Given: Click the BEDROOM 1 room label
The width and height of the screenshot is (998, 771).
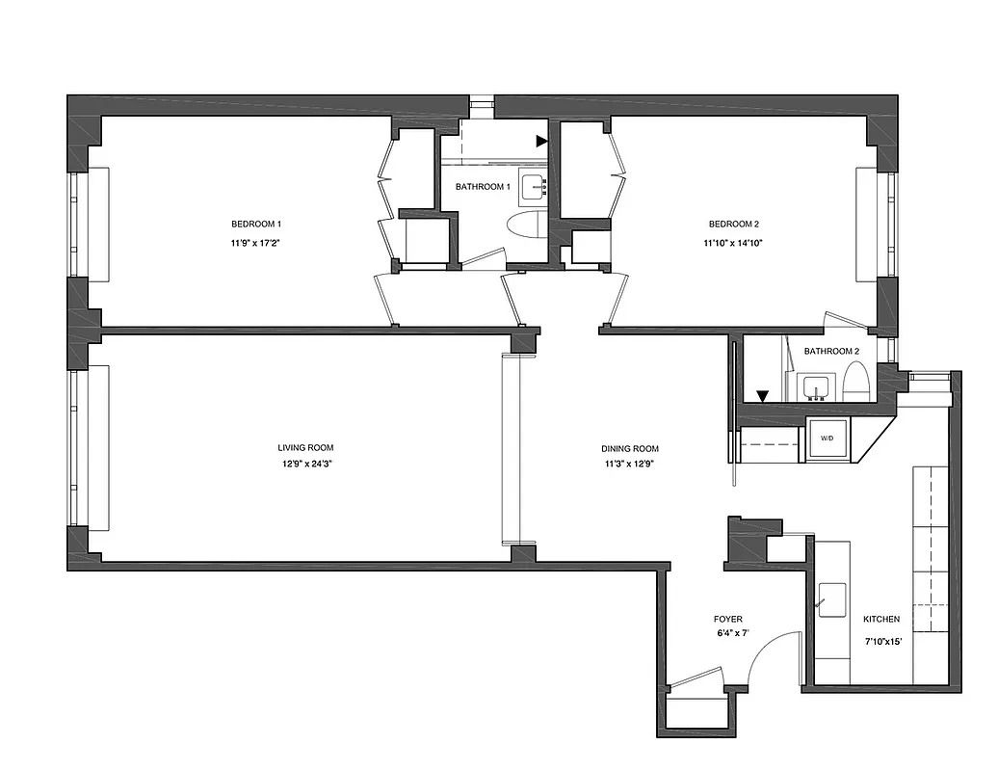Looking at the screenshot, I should point(255,224).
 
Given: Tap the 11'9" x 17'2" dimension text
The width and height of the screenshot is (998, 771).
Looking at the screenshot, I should point(255,243).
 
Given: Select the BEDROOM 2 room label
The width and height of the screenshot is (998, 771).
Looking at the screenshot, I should point(732,224).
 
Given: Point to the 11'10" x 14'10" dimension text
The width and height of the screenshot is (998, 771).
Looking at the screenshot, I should point(732,243).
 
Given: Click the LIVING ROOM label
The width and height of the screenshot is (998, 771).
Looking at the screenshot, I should point(305,447).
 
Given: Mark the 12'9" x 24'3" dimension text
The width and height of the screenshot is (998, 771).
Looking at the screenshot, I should point(305,465).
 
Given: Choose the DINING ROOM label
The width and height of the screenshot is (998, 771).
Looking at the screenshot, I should point(630,449).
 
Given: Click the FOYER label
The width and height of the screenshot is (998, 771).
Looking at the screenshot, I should point(728,619).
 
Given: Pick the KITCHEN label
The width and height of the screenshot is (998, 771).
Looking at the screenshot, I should point(881,619).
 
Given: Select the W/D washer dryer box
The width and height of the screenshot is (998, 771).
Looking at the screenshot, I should point(827,439).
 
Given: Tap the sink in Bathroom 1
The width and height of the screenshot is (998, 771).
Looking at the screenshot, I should point(533,186).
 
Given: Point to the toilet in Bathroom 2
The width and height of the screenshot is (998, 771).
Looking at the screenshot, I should point(855,384).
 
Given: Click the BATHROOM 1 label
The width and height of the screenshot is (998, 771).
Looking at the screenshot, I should point(483,187).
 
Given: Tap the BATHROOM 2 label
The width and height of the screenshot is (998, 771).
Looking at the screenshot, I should point(831,352).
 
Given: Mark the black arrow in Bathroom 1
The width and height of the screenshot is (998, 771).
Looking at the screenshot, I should point(542,141).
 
